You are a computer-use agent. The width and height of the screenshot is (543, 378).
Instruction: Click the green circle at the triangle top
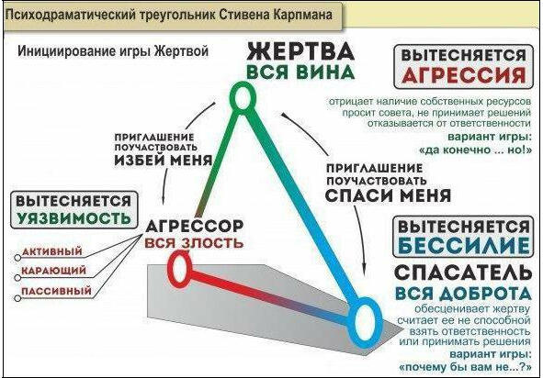[232, 97]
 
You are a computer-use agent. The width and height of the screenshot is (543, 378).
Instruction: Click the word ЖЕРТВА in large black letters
[300, 51]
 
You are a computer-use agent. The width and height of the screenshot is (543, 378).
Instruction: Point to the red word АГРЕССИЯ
[464, 74]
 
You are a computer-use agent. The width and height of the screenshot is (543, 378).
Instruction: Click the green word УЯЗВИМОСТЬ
[74, 217]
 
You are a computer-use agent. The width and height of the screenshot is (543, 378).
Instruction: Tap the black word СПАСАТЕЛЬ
[463, 272]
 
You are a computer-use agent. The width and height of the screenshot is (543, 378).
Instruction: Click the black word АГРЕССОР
[194, 227]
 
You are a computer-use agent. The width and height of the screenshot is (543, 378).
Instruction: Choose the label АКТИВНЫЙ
[52, 251]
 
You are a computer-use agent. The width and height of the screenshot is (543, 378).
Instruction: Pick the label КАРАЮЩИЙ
[53, 271]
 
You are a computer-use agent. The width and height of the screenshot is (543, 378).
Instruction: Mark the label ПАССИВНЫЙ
[56, 291]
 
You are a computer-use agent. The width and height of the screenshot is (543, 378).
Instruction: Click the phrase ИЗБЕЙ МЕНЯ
[164, 161]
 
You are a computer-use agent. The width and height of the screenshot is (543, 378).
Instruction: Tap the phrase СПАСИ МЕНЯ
[388, 195]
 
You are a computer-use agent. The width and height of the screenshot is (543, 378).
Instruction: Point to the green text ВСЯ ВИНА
[300, 72]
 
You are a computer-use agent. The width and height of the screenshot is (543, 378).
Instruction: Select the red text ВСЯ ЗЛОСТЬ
[194, 243]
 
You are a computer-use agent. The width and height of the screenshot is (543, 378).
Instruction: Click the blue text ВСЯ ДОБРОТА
[463, 294]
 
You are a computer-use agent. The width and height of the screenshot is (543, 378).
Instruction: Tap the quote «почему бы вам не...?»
[465, 367]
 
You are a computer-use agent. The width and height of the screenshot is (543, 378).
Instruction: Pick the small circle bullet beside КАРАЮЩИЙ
[17, 278]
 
